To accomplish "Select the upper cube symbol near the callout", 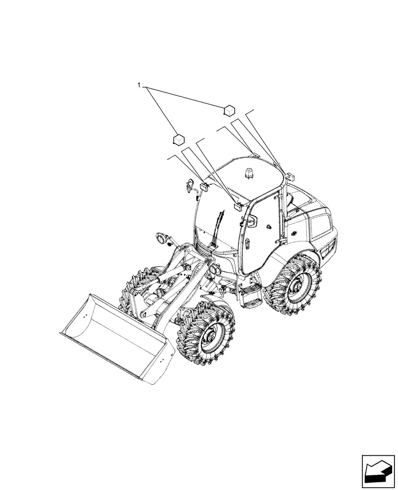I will (229, 110).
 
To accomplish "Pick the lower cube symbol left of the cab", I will (178, 139).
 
